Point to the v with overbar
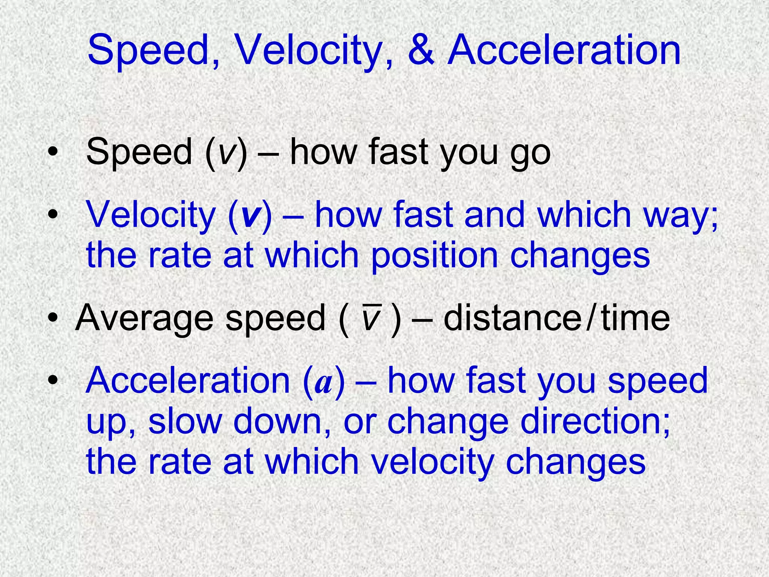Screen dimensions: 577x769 coord(371,318)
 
